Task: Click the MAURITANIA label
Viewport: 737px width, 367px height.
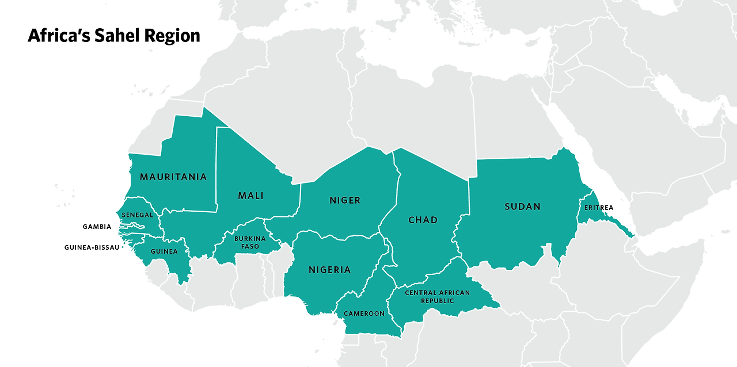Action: tap(173, 177)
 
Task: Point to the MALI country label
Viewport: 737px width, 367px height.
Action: tap(250, 196)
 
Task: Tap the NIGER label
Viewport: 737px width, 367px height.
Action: tap(345, 200)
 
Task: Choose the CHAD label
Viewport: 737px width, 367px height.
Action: tap(423, 220)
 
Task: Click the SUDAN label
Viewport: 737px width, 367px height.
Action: tap(522, 207)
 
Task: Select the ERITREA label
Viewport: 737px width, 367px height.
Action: tap(599, 208)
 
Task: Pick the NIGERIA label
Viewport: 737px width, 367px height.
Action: tap(329, 269)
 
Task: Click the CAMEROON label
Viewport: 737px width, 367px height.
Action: tap(364, 314)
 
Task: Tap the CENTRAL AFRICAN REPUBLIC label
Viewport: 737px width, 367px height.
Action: tap(438, 296)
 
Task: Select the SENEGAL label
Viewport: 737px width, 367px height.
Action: tap(137, 215)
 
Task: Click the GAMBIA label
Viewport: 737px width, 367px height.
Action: tap(97, 227)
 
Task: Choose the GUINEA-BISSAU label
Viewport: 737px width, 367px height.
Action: tap(92, 247)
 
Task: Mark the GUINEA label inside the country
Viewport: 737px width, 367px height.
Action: tap(164, 251)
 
